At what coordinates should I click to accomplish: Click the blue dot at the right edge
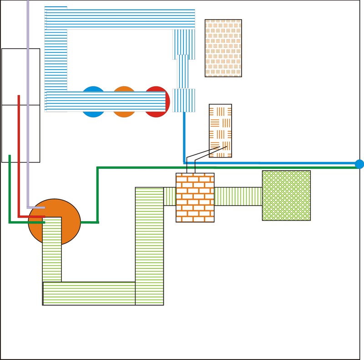click(359, 164)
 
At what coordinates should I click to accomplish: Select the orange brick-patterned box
click(195, 198)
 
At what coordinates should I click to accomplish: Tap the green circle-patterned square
click(286, 195)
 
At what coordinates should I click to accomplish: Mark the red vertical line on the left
click(19, 155)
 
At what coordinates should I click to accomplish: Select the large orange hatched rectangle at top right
click(223, 48)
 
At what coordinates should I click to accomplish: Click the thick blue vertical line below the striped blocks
click(184, 137)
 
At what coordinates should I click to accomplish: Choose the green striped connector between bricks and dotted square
click(238, 196)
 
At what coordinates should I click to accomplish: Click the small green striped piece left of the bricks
click(170, 196)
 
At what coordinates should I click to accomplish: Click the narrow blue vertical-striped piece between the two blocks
click(182, 71)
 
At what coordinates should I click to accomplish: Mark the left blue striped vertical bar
click(56, 59)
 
